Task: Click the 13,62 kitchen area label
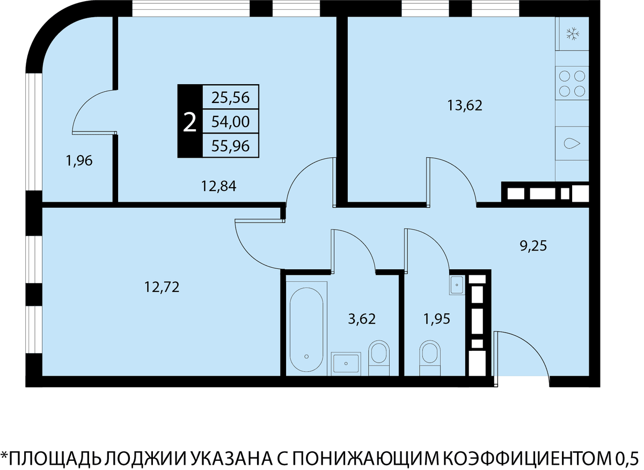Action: (465, 106)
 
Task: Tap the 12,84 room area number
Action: (218, 186)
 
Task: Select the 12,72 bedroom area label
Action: (162, 287)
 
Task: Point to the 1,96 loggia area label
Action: (79, 161)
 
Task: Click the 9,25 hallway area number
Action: (533, 246)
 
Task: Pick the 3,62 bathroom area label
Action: (362, 319)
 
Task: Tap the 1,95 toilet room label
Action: (437, 319)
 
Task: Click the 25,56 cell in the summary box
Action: (231, 97)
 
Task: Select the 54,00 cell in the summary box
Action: (231, 121)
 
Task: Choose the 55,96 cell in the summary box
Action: (231, 146)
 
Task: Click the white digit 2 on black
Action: (190, 122)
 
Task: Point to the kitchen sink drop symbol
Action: (572, 143)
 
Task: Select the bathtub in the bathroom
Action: (306, 329)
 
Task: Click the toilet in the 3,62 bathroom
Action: (379, 358)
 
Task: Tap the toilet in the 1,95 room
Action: (430, 358)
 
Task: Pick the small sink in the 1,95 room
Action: (457, 285)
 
